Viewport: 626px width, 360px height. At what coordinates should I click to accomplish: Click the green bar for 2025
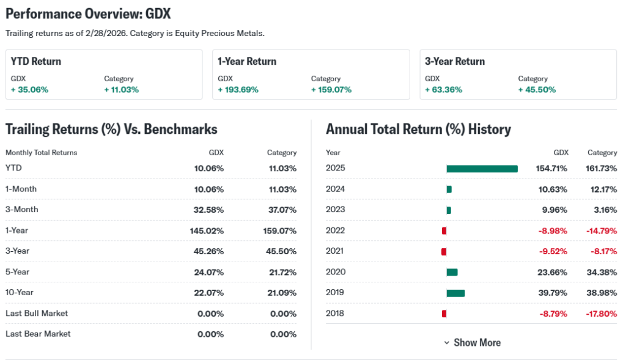[482, 169]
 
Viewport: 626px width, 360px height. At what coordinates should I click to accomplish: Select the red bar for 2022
[444, 230]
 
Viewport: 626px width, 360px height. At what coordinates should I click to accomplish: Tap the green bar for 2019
[455, 293]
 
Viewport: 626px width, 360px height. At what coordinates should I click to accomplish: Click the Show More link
[472, 343]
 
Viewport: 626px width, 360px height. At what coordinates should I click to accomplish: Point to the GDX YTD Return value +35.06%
[29, 90]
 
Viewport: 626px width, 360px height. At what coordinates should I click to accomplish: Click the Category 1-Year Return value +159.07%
[331, 90]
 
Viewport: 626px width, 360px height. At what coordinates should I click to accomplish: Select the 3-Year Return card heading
[455, 61]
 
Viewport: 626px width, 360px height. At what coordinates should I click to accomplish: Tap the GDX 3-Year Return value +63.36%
[443, 90]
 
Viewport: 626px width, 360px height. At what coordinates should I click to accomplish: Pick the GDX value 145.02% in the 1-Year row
[207, 230]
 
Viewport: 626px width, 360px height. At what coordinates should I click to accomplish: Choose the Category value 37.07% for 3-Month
[282, 210]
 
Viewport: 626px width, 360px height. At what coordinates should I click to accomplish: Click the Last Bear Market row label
[38, 334]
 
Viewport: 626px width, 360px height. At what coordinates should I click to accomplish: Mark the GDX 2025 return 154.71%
[551, 168]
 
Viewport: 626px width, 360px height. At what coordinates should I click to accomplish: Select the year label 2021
[335, 251]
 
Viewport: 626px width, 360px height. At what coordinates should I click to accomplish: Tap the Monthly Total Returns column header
[41, 153]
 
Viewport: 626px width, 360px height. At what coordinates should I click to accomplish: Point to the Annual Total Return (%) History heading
[418, 129]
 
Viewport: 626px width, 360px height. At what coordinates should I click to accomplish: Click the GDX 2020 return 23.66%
[553, 272]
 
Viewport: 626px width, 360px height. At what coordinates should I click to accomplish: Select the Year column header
[333, 153]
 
